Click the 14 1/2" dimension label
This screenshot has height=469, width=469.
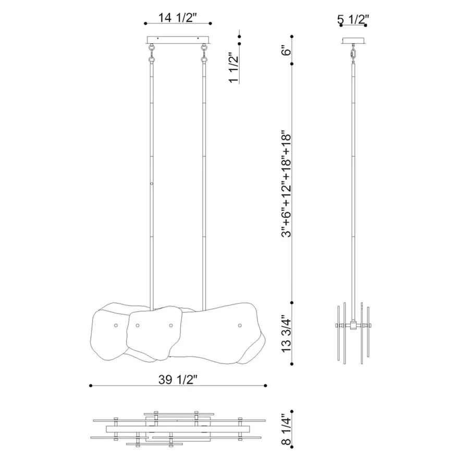pyautogui.click(x=177, y=18)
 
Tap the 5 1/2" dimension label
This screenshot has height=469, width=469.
pyautogui.click(x=353, y=19)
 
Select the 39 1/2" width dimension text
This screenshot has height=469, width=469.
pyautogui.click(x=178, y=379)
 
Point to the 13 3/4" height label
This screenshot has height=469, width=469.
pyautogui.click(x=286, y=335)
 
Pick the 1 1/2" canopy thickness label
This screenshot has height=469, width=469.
pyautogui.click(x=233, y=68)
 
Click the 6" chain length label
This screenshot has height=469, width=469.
pyautogui.click(x=286, y=50)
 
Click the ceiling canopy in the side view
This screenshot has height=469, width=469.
pyautogui.click(x=353, y=41)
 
